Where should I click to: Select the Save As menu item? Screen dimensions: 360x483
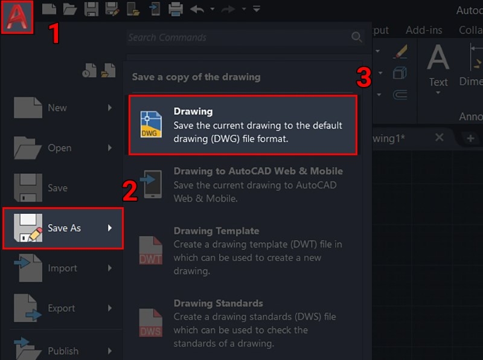pos(63,228)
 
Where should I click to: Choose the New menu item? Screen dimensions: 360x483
pos(57,108)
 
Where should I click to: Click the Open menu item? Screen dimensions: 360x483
pos(59,148)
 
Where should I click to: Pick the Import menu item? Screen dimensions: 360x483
pos(62,268)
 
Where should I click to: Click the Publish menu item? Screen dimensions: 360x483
pos(63,350)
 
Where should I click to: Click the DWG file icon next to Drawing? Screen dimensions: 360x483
pos(151,124)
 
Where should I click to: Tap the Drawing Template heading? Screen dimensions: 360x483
pos(216,231)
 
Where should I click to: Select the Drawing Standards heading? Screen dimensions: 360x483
pos(218,303)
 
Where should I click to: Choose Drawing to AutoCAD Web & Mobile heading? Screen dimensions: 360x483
pos(258,171)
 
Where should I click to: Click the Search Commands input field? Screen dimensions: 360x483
pos(235,37)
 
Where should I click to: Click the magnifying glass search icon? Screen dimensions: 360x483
pos(357,37)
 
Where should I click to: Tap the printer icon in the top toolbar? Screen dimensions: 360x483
pos(175,9)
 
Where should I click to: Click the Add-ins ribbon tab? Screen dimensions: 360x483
pos(424,30)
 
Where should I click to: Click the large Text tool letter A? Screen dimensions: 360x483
pos(438,59)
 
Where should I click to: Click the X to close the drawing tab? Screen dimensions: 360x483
pos(440,138)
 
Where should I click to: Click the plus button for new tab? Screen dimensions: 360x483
pos(470,138)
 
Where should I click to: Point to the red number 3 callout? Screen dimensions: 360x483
pos(362,77)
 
